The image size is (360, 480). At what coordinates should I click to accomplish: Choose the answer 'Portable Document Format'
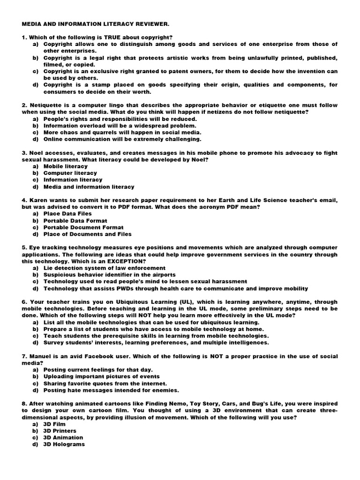click(83, 227)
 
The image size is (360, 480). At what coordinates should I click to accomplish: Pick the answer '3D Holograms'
click(64, 444)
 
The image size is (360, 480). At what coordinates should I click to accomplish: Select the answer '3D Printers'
click(60, 431)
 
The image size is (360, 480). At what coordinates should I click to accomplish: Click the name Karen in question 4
click(39, 200)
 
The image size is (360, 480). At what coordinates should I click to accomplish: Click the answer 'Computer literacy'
click(70, 173)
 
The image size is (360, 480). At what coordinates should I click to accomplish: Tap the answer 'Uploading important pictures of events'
click(102, 376)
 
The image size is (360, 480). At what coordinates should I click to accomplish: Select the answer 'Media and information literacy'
click(89, 187)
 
